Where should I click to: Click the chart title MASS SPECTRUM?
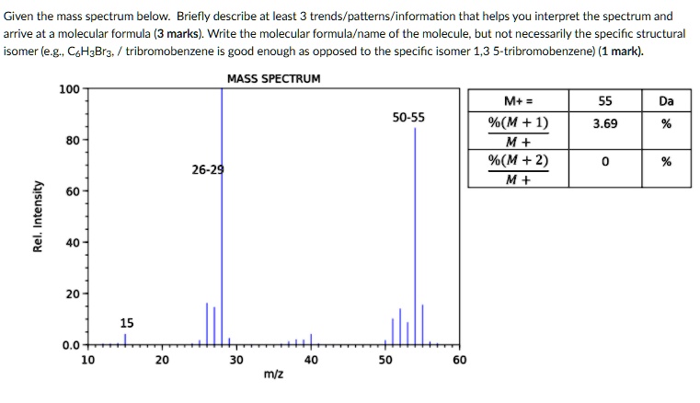tap(273, 78)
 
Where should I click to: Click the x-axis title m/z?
tap(273, 374)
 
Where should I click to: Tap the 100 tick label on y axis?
tap(68, 89)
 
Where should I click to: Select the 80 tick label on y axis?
tap(71, 141)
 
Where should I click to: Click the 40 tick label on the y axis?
tap(71, 243)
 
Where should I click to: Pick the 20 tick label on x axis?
tap(161, 360)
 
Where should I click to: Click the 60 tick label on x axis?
tap(460, 360)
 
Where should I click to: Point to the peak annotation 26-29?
tap(208, 170)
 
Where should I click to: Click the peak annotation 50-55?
tap(408, 118)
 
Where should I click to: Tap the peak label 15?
tap(127, 322)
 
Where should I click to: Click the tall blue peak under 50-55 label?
tap(415, 230)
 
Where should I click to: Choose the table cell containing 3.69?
tap(604, 122)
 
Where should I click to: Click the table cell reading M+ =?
tap(519, 100)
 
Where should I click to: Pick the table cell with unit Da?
tap(667, 100)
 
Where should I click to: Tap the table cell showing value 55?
tap(604, 100)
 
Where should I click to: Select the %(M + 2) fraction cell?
tap(519, 168)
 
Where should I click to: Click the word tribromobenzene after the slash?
tap(164, 51)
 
